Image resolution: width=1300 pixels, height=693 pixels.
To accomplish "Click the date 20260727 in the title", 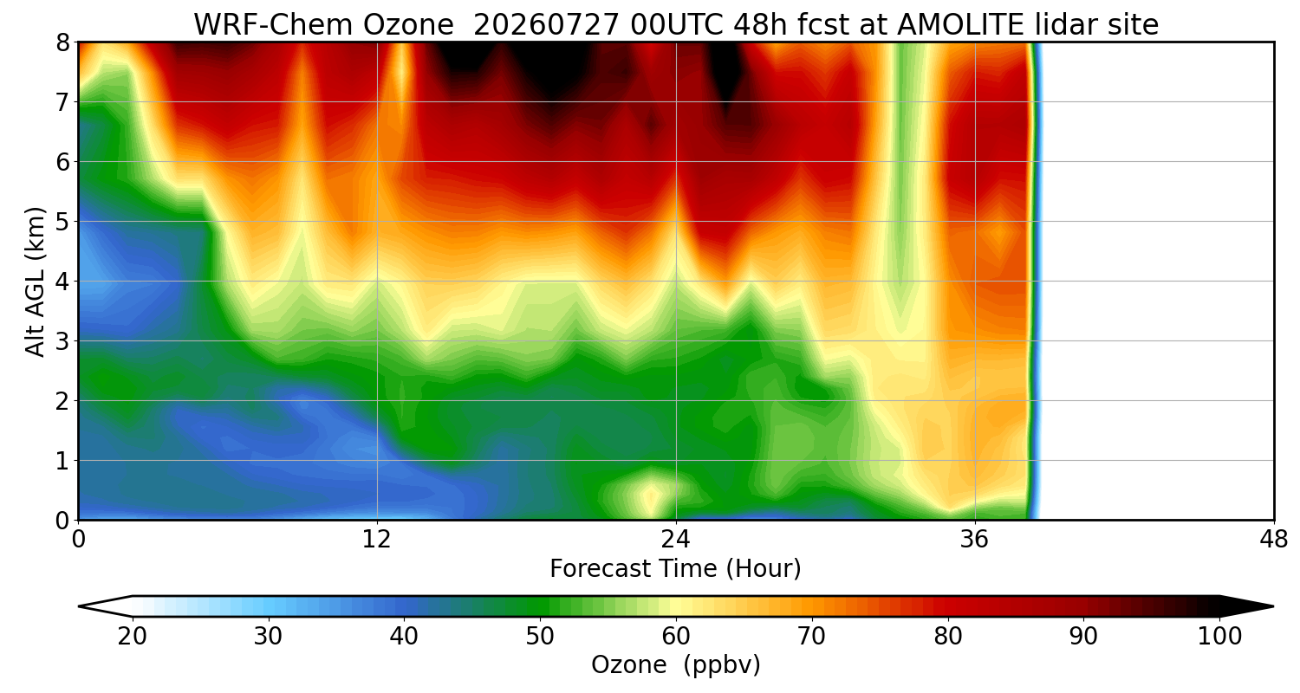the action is click(547, 25).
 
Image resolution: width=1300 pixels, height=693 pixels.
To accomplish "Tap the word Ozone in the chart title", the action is click(408, 25).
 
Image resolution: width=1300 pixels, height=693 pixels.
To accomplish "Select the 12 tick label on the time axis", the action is click(377, 540).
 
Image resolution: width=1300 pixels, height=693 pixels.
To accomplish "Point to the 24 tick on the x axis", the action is click(676, 540).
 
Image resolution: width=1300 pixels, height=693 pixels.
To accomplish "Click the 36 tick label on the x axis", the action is click(974, 540).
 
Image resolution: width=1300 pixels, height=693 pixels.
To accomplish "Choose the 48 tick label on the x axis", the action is click(1274, 540).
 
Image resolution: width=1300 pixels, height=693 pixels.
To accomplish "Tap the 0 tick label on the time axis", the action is click(78, 540).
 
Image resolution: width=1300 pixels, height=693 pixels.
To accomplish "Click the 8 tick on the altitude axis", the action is click(62, 42).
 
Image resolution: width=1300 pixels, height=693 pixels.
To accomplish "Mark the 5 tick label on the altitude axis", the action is click(62, 222).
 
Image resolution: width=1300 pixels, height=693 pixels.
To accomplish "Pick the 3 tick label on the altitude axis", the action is click(62, 341).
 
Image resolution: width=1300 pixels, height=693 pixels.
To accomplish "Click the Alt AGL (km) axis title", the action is click(35, 282).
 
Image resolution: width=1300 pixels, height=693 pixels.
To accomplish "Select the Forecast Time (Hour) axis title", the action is click(675, 569).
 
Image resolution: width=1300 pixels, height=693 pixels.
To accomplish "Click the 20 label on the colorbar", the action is click(133, 637).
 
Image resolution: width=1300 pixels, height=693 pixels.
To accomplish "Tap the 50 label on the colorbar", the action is click(540, 637).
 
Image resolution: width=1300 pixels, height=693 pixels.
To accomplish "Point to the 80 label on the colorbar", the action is click(948, 637).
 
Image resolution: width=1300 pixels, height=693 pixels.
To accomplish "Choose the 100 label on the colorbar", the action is click(1220, 637).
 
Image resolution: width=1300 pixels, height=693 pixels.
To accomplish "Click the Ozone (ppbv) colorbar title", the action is click(675, 665).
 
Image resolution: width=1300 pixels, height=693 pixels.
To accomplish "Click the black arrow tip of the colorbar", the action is click(1273, 606).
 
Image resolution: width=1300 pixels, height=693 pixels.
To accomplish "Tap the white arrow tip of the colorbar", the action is click(80, 606).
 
